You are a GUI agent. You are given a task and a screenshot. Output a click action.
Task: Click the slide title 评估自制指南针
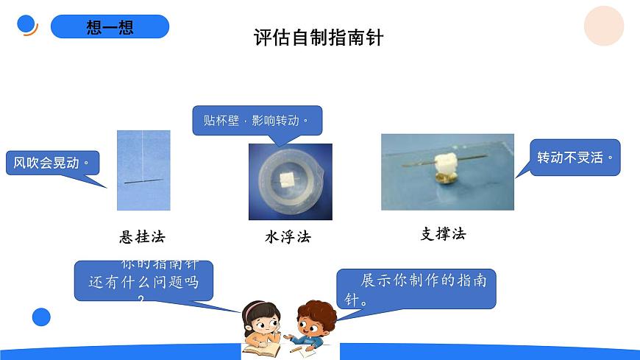[x=319, y=38]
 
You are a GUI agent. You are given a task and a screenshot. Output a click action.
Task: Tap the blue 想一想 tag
[x=110, y=27]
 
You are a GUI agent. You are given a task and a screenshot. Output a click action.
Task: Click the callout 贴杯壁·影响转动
[x=257, y=120]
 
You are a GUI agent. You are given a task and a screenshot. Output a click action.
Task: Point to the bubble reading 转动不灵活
[x=575, y=158]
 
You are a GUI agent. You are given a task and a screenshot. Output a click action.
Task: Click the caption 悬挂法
[x=143, y=237]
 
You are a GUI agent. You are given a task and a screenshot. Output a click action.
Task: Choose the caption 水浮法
[x=288, y=237]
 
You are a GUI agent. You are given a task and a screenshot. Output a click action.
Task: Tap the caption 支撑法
[x=443, y=234]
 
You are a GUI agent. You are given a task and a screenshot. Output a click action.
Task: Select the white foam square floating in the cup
[x=288, y=177]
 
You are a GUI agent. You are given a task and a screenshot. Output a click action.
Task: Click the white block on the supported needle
[x=445, y=163]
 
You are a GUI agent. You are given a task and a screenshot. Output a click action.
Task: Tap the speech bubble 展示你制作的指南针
[x=416, y=289]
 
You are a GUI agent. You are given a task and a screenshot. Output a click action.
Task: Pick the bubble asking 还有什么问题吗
[x=143, y=281]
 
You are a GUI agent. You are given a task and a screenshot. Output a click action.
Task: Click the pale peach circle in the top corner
[x=603, y=26]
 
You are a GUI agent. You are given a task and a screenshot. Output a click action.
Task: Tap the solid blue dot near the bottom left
[x=42, y=317]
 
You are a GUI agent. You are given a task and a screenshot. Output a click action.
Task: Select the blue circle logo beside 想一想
[x=27, y=24]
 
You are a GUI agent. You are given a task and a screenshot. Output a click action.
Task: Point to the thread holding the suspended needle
[x=143, y=155]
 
